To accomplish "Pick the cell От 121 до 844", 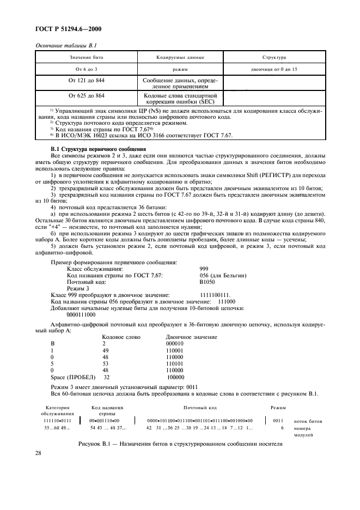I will click(86, 80).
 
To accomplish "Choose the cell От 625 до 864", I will click(86, 95).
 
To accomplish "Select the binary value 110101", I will click(175, 362).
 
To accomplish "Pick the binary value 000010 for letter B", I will click(175, 344).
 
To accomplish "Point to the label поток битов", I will click(308, 421).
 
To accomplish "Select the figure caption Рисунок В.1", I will click(180, 444).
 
